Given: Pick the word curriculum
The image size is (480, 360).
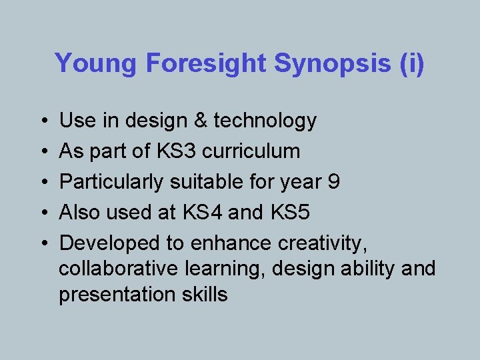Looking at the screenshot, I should click(x=251, y=151).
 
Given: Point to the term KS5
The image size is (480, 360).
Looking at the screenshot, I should click(x=291, y=213).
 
